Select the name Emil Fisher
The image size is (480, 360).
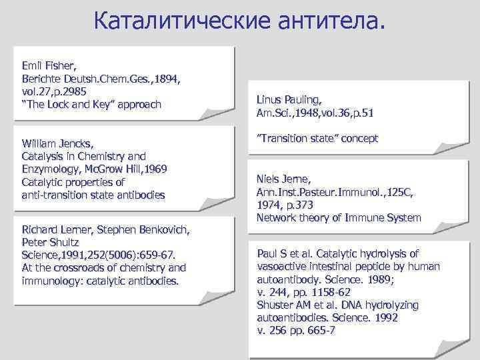click(49, 66)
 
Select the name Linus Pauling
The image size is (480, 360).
click(289, 100)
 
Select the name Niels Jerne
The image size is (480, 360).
click(284, 179)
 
